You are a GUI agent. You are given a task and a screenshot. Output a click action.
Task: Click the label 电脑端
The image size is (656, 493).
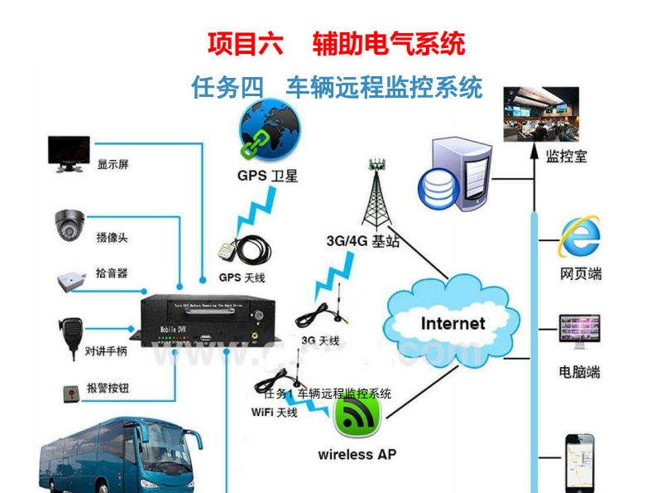point(579,372)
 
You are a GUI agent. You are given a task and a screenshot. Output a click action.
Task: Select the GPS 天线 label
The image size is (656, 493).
point(242,278)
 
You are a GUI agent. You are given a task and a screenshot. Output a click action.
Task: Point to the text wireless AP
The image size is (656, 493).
point(357,454)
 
